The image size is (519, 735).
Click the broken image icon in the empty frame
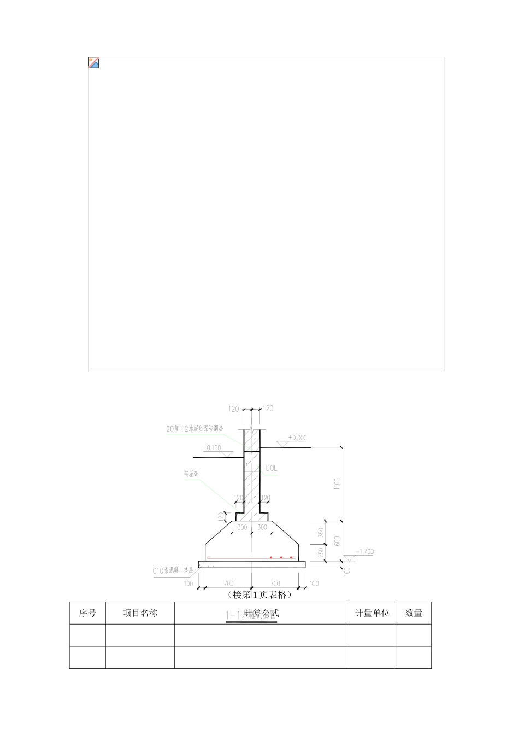[93, 62]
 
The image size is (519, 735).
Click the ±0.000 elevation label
[297, 438]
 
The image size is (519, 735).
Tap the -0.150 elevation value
[212, 448]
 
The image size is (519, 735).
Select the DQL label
[271, 469]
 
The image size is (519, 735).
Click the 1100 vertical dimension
[337, 483]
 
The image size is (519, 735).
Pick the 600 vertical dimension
[337, 540]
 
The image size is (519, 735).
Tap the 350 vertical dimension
[321, 532]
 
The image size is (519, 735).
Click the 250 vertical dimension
[321, 552]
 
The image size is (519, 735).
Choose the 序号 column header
[87, 613]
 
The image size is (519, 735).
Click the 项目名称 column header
[140, 613]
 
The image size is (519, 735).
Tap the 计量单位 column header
[372, 613]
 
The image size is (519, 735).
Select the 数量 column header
[414, 613]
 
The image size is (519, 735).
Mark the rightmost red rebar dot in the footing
[291, 557]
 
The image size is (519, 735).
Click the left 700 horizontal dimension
[228, 584]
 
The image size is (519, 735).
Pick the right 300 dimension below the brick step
[262, 528]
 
